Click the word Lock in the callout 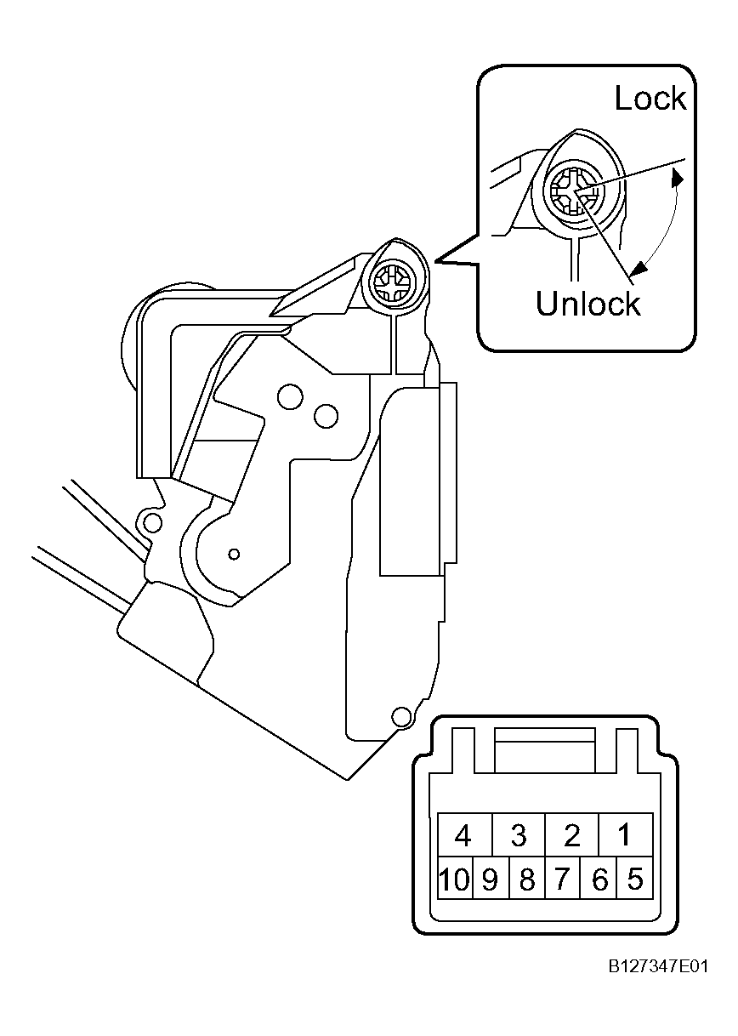tap(650, 98)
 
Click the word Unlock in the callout tap(588, 304)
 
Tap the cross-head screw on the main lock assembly tap(392, 283)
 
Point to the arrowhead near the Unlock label tap(639, 267)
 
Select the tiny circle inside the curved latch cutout tap(234, 554)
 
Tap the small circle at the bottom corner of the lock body tap(401, 716)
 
